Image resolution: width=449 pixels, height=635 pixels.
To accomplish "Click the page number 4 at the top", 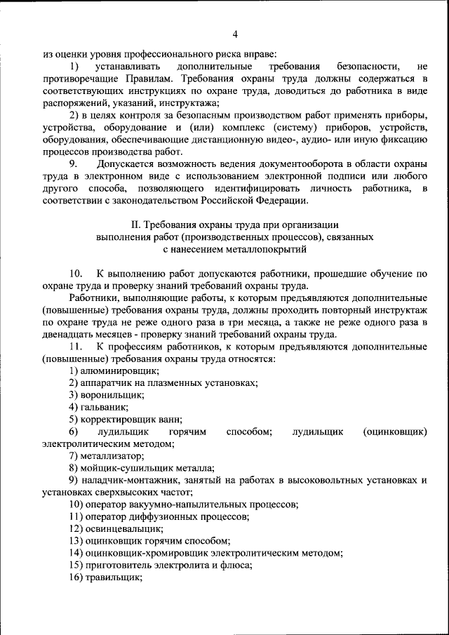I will point(235,34).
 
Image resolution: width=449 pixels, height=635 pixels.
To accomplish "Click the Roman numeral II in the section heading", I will point(136,225).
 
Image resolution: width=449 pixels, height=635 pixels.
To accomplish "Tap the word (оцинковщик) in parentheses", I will point(395,432).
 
